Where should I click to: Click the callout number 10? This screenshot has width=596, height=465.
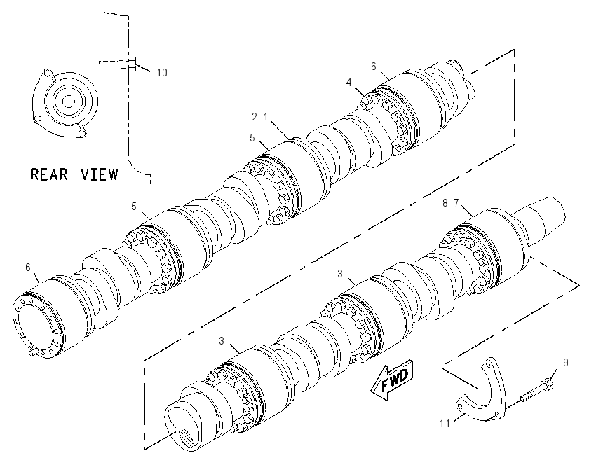[162, 73]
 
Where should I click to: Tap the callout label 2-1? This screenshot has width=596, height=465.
[259, 117]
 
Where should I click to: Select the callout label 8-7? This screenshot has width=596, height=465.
[451, 204]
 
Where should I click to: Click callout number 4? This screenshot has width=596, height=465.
[349, 82]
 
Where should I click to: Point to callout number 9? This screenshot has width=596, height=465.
[566, 363]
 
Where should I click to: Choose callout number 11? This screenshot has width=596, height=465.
[445, 423]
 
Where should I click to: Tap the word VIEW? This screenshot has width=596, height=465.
[99, 174]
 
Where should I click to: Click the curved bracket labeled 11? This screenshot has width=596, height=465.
[482, 395]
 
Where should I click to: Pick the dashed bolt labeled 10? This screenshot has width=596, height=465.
[117, 64]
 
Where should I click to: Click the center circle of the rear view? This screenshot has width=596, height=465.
[68, 102]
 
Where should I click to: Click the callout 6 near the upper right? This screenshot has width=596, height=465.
[374, 67]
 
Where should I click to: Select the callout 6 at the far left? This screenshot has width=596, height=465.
[28, 268]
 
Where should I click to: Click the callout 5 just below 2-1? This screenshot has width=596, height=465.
[252, 138]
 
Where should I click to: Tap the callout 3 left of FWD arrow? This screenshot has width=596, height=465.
[222, 341]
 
